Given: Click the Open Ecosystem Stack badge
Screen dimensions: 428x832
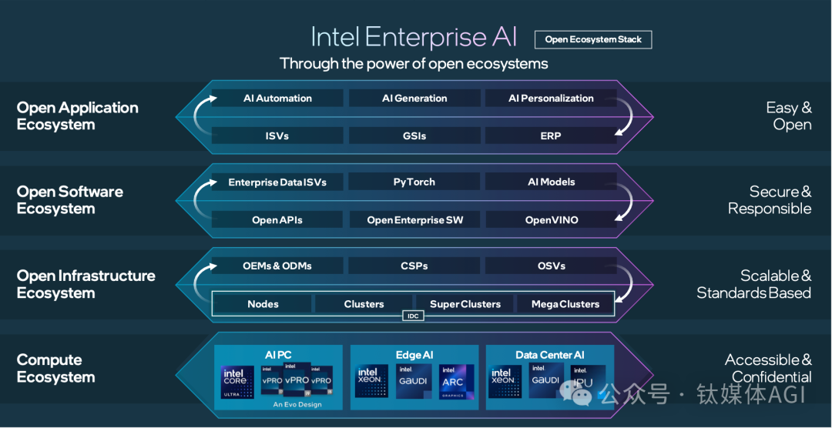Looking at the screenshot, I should pos(593,39).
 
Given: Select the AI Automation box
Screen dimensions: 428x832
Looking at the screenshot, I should pos(277,99).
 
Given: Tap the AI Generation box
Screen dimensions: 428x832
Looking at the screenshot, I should pos(414,99).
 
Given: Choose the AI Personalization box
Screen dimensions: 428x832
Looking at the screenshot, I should pos(551,99).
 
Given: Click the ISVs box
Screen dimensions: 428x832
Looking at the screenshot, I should pos(277,135).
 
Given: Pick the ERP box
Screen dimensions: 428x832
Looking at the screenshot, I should pos(551,135).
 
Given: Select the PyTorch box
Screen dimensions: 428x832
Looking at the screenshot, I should pos(414,182).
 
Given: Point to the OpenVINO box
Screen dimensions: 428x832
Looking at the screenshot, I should pos(552,220).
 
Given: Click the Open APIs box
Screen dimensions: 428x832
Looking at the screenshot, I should pos(277,220).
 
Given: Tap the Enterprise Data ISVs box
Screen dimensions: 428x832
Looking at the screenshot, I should pos(277,182).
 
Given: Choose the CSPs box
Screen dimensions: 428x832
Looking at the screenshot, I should pos(414,266).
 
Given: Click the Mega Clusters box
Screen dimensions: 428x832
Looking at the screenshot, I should pos(565,304).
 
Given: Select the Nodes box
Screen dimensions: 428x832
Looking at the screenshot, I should pos(263,304).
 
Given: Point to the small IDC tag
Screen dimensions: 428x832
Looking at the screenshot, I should pos(413,316).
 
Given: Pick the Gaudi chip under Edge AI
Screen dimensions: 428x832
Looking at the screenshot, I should pos(413,382).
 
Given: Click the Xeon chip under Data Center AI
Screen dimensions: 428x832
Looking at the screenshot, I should pos(502,382).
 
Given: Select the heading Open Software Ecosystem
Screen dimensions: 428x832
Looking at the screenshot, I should pos(70,200).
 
